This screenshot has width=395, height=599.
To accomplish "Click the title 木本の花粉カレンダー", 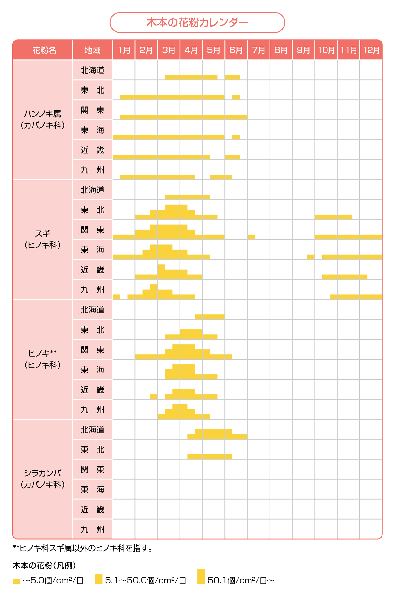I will pyautogui.click(x=197, y=23).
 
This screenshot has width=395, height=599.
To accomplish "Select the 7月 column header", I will pyautogui.click(x=258, y=50).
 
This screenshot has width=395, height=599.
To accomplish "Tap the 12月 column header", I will pyautogui.click(x=371, y=50).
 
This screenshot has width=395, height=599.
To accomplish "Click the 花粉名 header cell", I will pyautogui.click(x=44, y=50).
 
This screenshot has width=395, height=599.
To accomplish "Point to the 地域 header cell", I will pyautogui.click(x=92, y=50).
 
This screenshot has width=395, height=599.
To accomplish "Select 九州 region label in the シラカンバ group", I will pyautogui.click(x=92, y=529).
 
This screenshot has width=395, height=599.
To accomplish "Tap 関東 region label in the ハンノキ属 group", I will pyautogui.click(x=92, y=110).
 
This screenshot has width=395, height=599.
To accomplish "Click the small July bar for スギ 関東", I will pyautogui.click(x=251, y=237).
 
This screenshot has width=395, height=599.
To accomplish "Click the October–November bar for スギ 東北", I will pyautogui.click(x=334, y=217).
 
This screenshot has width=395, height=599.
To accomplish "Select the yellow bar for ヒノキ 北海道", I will pyautogui.click(x=210, y=317).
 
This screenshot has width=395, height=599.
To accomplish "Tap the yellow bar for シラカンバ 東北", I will pyautogui.click(x=210, y=456).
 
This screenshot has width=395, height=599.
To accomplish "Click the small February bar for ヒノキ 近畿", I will pyautogui.click(x=153, y=396).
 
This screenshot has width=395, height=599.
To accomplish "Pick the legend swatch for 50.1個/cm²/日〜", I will pyautogui.click(x=201, y=576).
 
